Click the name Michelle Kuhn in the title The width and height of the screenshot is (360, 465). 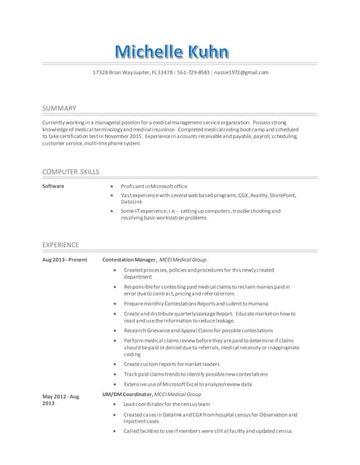172,52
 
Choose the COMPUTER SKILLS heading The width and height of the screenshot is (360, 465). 71,171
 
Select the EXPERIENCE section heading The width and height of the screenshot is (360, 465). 60,245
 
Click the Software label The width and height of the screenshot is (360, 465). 53,186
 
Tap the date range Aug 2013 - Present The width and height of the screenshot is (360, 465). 65,259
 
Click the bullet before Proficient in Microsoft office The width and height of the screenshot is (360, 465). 110,187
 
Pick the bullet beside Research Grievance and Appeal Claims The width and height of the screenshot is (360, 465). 116,330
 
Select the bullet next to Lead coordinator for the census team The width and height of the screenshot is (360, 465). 116,403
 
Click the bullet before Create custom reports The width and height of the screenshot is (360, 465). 116,364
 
